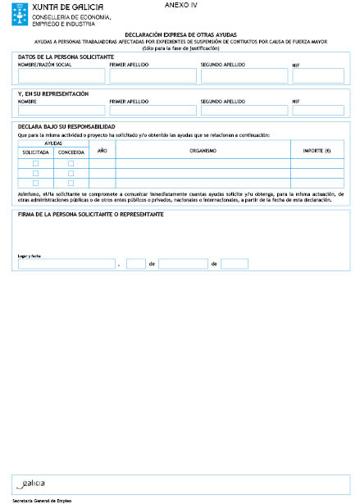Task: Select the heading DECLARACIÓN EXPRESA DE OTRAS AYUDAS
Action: [x=180, y=34]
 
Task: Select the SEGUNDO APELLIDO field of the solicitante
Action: [x=242, y=75]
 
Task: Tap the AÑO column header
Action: [x=102, y=151]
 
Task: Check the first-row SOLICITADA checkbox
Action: [x=35, y=163]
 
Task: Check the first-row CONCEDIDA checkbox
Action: [x=71, y=163]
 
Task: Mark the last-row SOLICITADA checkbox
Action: [x=35, y=184]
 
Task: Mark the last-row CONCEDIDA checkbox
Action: [x=71, y=184]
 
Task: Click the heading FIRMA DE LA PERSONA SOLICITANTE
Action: [x=90, y=214]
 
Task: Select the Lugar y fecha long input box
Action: [x=66, y=264]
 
